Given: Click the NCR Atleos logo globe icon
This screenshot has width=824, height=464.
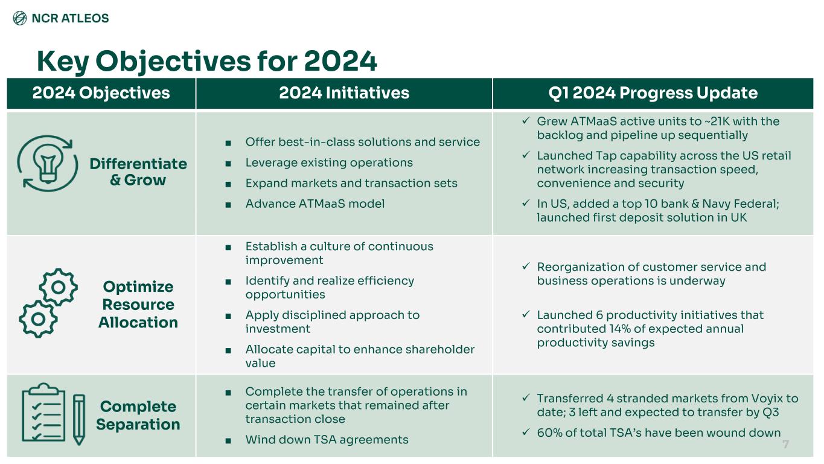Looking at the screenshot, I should tap(20, 18).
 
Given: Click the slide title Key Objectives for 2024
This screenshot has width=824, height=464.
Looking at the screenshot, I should tap(206, 61).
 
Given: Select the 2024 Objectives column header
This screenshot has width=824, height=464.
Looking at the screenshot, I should tap(101, 93).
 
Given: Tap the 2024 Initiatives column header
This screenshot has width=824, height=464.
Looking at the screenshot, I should tap(344, 93).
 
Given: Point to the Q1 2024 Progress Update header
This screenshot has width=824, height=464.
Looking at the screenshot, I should tap(652, 93).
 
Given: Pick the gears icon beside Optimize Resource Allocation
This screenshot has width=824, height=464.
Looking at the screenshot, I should tap(48, 302).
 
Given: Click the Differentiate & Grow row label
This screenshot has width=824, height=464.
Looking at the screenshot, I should tap(138, 172).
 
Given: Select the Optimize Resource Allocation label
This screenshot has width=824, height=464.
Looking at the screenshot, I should tap(138, 304).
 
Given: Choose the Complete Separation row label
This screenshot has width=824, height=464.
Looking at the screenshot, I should tap(138, 415).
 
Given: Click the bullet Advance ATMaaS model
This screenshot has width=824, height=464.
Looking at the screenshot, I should tap(315, 204).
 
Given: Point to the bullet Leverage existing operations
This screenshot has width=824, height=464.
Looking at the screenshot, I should tap(329, 163).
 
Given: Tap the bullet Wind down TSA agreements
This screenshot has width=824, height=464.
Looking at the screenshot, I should tap(327, 440).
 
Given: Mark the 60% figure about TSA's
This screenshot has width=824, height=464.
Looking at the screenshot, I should tap(549, 433).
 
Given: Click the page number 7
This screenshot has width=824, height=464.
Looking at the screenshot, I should tap(785, 445).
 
